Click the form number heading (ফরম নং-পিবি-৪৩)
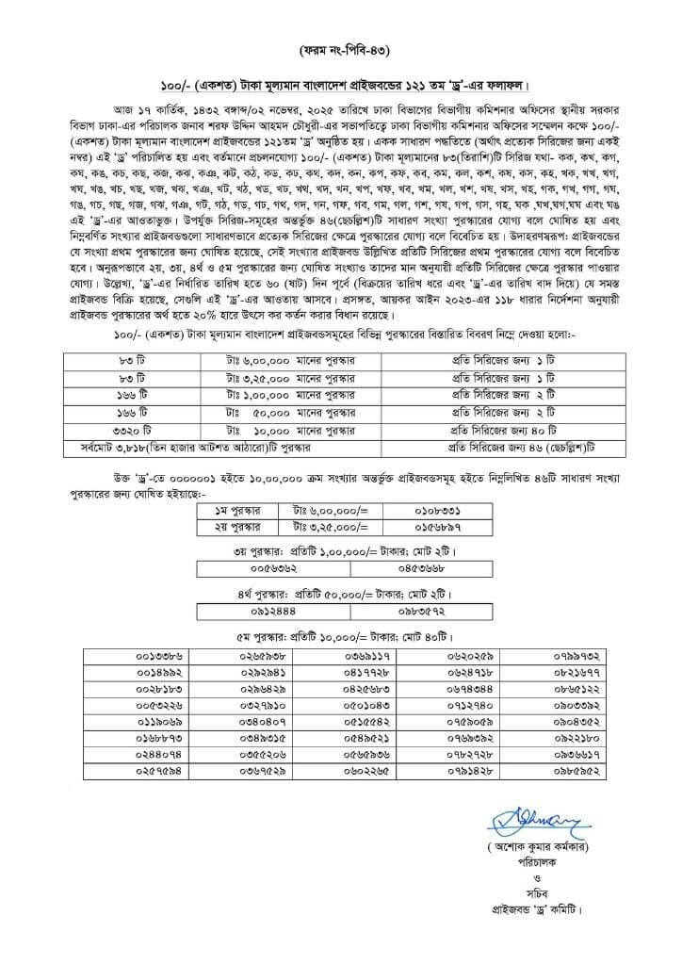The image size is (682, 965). pyautogui.click(x=341, y=47)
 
